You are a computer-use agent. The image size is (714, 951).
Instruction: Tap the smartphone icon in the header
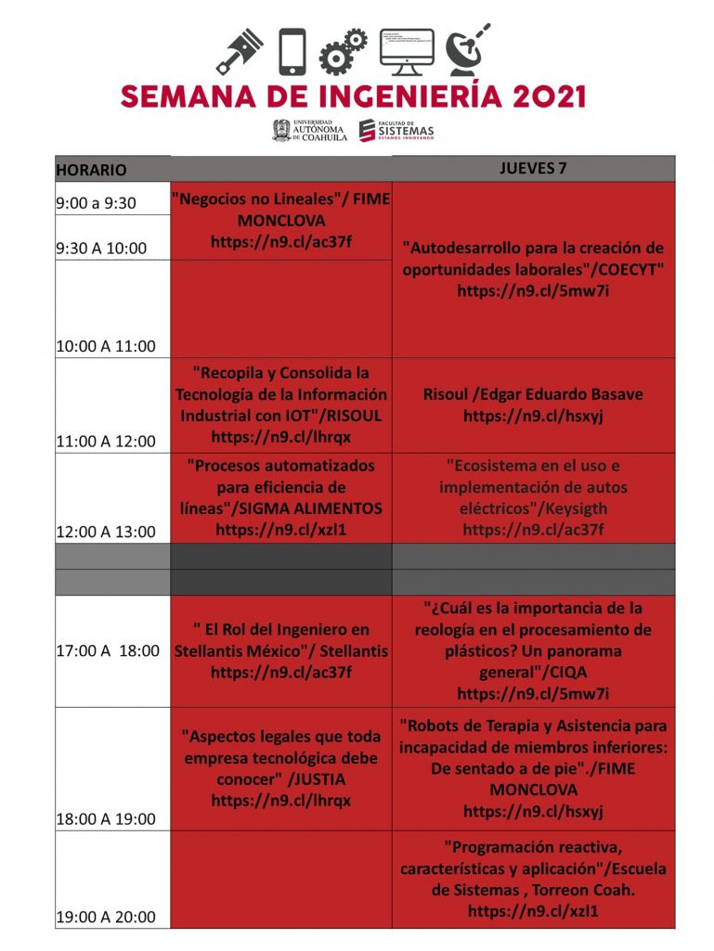[292, 51]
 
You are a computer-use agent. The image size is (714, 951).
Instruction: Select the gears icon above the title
[343, 51]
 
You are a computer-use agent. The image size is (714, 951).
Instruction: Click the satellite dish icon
[466, 50]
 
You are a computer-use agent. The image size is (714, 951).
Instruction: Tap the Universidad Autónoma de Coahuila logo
[309, 130]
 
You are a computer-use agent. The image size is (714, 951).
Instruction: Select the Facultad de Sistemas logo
[396, 131]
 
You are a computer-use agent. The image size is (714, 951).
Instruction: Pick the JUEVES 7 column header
[533, 168]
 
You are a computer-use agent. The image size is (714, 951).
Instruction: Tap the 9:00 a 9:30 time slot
[96, 203]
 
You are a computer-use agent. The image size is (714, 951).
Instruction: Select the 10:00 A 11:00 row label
[105, 346]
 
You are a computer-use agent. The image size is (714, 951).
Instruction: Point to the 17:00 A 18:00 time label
[107, 651]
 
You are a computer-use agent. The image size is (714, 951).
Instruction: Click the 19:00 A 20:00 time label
[105, 917]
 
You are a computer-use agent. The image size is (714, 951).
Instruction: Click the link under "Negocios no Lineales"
[280, 243]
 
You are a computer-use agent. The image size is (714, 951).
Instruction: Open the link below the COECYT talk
[533, 290]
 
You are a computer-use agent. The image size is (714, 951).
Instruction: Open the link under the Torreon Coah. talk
[533, 911]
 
